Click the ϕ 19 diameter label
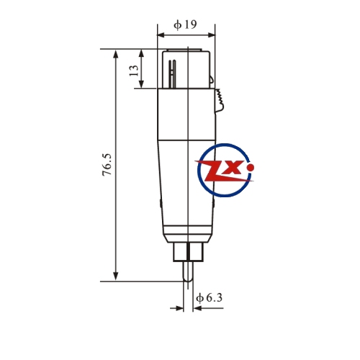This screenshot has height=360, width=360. [x=185, y=24]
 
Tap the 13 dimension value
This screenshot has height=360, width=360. [x=134, y=71]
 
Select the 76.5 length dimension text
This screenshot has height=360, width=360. [x=107, y=165]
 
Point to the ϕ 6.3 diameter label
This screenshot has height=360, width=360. [x=209, y=298]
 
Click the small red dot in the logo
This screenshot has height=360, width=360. [x=251, y=167]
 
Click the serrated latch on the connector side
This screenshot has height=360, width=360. [x=220, y=100]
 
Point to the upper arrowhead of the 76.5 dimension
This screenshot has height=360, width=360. [x=116, y=54]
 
